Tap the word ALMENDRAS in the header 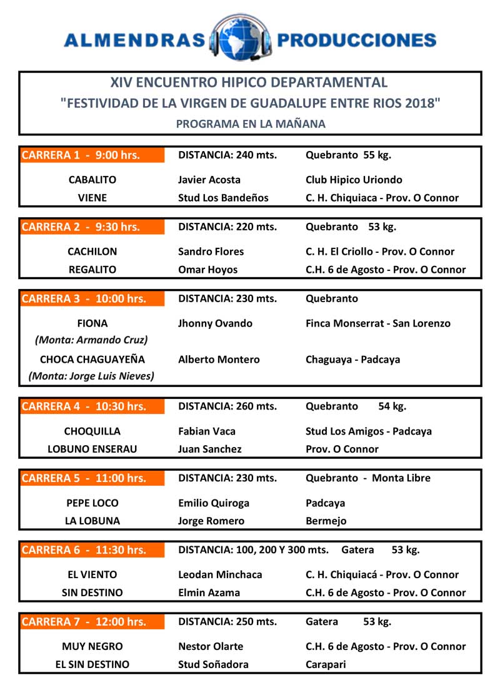coord(134,41)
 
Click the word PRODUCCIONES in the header coord(356,41)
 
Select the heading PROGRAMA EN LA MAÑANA coord(251,124)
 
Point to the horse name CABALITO coord(92,180)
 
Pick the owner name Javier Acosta coord(209,180)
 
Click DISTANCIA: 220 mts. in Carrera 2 coord(227,227)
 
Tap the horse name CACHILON coord(92,252)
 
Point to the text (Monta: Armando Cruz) coord(92,340)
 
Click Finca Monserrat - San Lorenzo coord(378,323)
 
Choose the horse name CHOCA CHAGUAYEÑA coord(92,360)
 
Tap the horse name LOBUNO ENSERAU coord(92,449)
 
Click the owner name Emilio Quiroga coord(214,503)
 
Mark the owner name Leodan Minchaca coord(220,574)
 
